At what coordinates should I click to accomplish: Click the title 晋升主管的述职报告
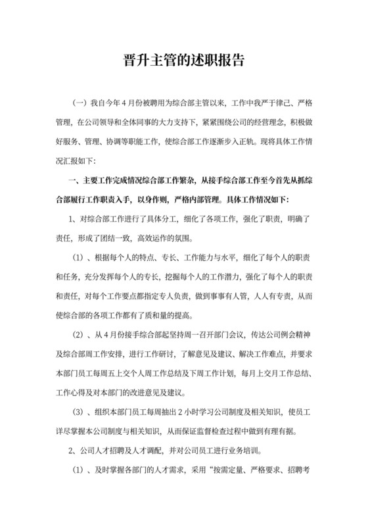184,61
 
